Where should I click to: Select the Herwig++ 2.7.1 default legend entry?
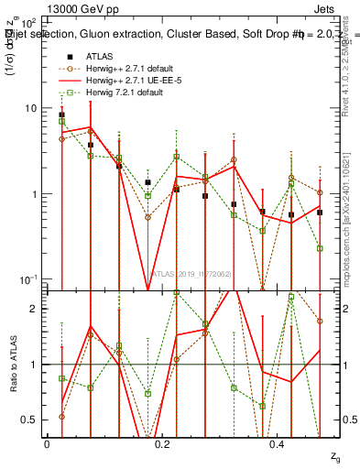(x=130, y=68)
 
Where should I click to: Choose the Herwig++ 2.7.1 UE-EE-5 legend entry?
(x=129, y=80)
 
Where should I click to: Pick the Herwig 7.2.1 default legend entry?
(x=124, y=92)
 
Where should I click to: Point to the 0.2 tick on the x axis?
(x=163, y=443)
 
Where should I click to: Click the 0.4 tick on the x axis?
(x=279, y=443)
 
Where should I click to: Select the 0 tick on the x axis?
(x=47, y=443)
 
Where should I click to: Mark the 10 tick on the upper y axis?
(x=31, y=108)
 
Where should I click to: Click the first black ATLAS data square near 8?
(x=61, y=115)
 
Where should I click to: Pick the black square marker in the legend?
(x=69, y=56)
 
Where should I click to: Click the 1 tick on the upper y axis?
(x=34, y=194)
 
